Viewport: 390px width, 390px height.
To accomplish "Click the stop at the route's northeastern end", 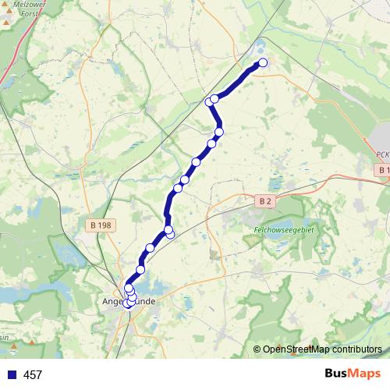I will pos(263,62).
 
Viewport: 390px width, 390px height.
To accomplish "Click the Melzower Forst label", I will pos(21,8).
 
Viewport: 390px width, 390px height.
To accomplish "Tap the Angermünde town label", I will pos(129,301).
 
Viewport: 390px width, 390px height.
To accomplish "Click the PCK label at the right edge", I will pos(381,155).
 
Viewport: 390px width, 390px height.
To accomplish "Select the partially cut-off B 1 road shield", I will pos(382,170).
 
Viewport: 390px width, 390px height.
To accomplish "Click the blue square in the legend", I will pos(12,375).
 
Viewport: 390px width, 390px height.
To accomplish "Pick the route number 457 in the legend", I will pos(33,375).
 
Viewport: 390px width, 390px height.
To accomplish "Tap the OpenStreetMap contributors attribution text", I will pos(322,349).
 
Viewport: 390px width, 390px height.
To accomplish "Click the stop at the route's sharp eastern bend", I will pos(219,132).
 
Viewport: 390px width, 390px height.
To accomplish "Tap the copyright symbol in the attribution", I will pos(257,349).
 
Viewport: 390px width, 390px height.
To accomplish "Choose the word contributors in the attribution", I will pos(356,349).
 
